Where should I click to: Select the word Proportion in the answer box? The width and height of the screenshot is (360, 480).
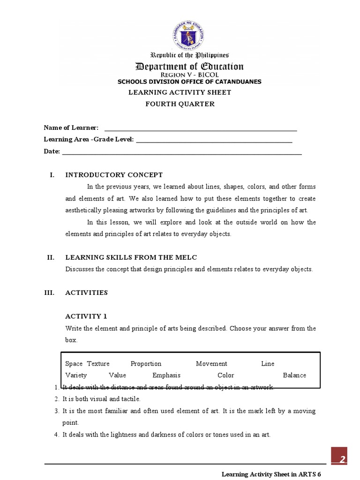point(146,364)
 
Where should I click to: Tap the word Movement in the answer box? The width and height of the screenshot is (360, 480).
point(211,364)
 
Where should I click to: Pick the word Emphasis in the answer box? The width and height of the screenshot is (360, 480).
point(166,375)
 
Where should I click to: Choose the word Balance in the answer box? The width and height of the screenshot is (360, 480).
point(294,375)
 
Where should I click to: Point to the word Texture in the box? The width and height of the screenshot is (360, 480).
point(98,364)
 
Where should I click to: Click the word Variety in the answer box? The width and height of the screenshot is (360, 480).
point(76,375)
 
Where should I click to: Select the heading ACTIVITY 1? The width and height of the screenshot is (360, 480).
point(86,316)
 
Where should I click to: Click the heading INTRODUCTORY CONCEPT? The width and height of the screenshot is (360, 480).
point(114,175)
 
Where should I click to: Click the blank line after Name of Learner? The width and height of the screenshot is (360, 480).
point(201,128)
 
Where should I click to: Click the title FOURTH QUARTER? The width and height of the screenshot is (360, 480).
point(180,104)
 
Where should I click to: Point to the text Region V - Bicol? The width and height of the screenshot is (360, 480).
point(189,75)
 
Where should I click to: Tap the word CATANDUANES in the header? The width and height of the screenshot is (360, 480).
point(237,82)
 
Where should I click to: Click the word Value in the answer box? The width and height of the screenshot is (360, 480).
point(117,375)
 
